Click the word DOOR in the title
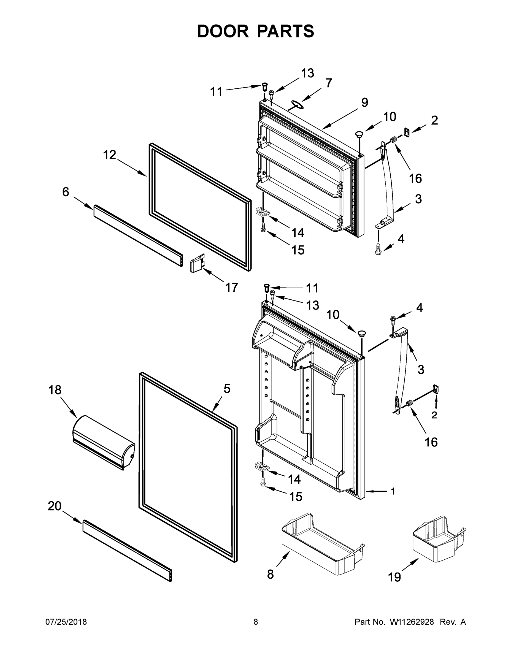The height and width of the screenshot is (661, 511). tap(223, 31)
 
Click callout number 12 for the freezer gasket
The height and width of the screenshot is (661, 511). tap(109, 155)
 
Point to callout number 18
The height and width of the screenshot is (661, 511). tap(55, 390)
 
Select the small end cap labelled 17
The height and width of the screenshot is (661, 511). tap(197, 263)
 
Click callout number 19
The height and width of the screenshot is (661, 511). tap(394, 577)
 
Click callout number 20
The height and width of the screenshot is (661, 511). tap(55, 506)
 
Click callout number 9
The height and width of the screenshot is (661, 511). tap(364, 103)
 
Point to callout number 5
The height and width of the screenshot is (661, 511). tap(227, 389)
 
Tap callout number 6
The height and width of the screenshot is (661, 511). tap(65, 192)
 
